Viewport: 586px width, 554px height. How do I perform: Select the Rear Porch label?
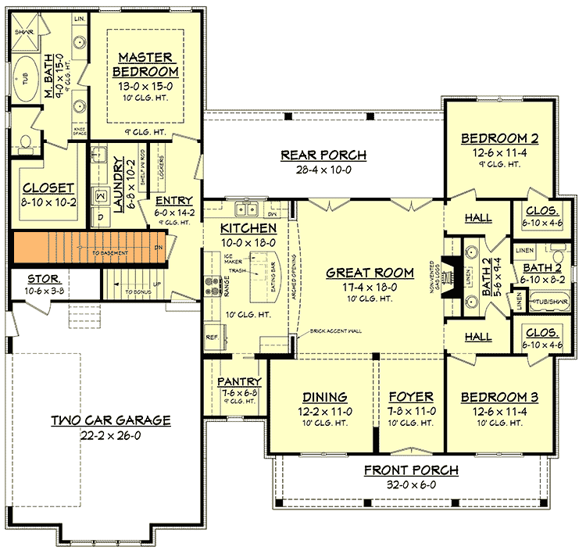click(x=323, y=155)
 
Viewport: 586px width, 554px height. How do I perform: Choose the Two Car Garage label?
click(x=111, y=420)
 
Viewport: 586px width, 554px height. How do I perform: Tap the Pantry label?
click(x=239, y=381)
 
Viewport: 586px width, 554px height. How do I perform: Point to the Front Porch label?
click(x=411, y=470)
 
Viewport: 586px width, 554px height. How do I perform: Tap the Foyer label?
click(x=412, y=397)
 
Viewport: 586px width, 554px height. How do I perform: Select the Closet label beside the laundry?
click(x=48, y=188)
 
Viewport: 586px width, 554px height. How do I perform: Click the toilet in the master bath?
click(x=25, y=142)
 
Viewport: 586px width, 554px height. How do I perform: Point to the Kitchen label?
click(x=248, y=228)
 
